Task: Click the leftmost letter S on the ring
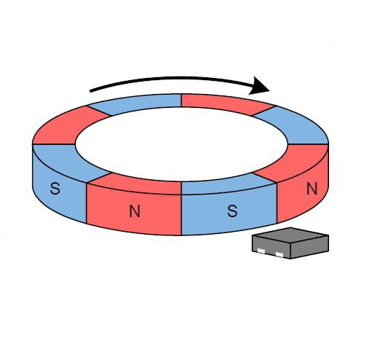pyautogui.click(x=55, y=189)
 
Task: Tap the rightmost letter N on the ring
pyautogui.click(x=312, y=189)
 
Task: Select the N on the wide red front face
pyautogui.click(x=135, y=211)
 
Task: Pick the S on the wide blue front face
pyautogui.click(x=233, y=211)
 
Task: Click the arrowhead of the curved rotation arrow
pyautogui.click(x=259, y=85)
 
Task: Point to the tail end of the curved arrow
pyautogui.click(x=91, y=91)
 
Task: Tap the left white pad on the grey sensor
pyautogui.click(x=261, y=251)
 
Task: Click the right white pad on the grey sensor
pyautogui.click(x=279, y=254)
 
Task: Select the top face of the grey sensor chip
pyautogui.click(x=290, y=235)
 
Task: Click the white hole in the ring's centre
pyautogui.click(x=182, y=144)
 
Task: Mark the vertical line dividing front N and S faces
pyautogui.click(x=181, y=215)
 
